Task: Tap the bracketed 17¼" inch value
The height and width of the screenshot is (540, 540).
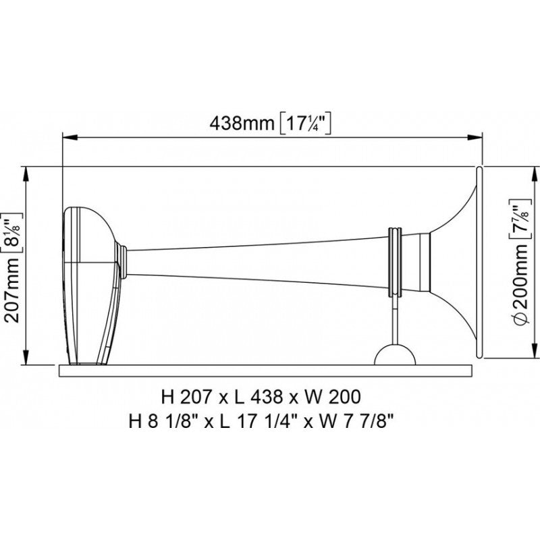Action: tap(307, 124)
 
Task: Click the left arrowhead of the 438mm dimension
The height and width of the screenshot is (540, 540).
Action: tap(67, 136)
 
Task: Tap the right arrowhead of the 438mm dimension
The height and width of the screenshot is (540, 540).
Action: tap(477, 136)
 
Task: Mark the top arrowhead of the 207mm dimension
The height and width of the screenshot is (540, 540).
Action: tap(27, 173)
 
